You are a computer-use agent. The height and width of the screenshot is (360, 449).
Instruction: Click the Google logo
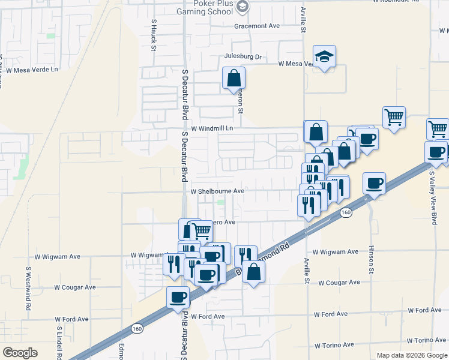coord(20,352)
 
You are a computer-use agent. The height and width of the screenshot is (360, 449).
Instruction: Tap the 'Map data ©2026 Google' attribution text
coord(411,355)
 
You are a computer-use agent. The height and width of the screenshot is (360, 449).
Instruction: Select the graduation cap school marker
coord(324,57)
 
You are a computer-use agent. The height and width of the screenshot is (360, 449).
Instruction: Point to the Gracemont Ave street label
coord(258,26)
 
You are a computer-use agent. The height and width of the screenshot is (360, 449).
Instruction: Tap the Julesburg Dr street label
coord(243,57)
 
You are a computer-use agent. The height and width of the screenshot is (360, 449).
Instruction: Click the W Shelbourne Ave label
coord(217,191)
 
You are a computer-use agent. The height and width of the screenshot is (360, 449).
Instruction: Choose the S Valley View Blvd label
coord(433,198)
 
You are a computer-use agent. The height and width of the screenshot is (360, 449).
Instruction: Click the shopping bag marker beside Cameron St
coord(234,79)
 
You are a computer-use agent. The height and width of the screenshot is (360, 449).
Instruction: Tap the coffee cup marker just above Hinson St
coord(374,184)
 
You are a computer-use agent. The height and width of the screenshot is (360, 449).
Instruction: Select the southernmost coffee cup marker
coord(178,297)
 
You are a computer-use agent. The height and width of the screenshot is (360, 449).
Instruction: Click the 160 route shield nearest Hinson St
coord(346,212)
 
